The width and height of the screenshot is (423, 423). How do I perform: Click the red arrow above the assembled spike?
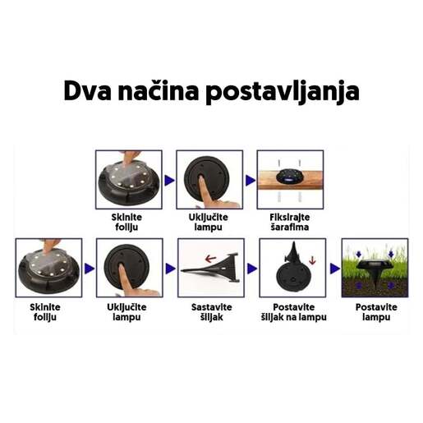pyautogui.click(x=211, y=258)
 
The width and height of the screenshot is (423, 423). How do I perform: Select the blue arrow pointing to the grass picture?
pyautogui.click(x=333, y=268)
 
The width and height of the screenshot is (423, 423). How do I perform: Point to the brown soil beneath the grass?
pyautogui.click(x=374, y=287)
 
